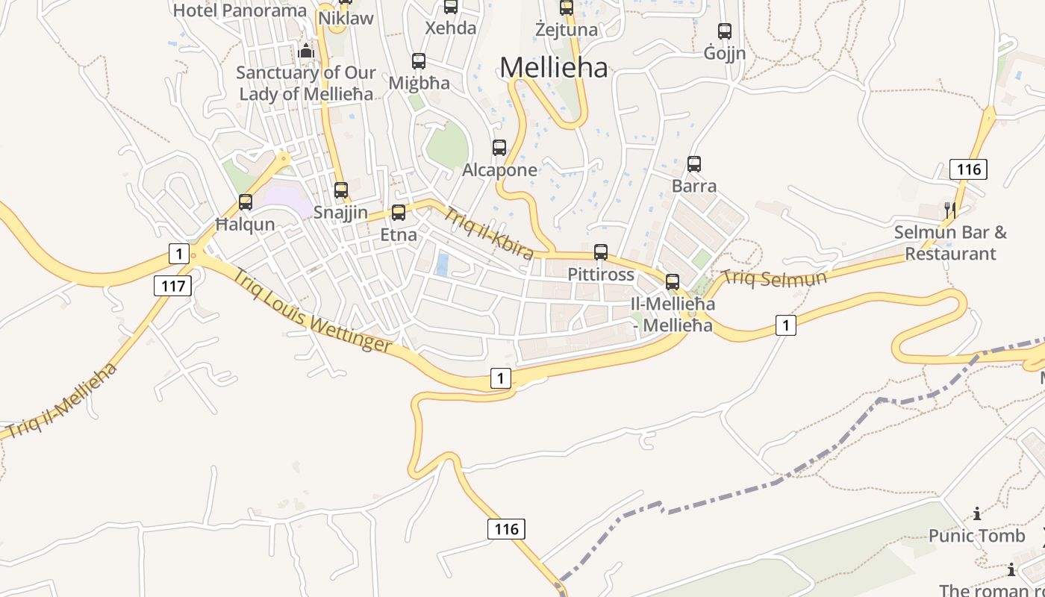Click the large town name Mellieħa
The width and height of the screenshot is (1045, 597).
554,67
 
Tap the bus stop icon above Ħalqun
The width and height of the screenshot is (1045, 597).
246,201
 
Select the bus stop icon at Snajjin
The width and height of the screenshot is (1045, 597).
341,190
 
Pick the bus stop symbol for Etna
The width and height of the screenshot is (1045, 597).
399,213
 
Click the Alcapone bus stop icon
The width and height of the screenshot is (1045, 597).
499,148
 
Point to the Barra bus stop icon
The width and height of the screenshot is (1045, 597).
694,164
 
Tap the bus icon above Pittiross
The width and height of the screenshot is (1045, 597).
601,252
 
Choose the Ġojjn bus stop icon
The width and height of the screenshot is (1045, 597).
725,31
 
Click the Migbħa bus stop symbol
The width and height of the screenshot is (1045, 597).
419,61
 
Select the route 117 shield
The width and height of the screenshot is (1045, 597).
173,285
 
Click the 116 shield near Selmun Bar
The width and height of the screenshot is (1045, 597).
969,169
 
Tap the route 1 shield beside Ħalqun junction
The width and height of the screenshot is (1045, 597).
178,254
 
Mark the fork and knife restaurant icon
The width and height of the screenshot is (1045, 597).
949,210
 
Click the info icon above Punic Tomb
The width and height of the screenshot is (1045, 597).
977,513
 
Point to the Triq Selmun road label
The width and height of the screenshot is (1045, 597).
775,279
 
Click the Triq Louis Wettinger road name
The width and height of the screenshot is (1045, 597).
312,310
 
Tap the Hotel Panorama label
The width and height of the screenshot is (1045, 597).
240,10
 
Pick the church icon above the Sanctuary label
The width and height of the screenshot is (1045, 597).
306,51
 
